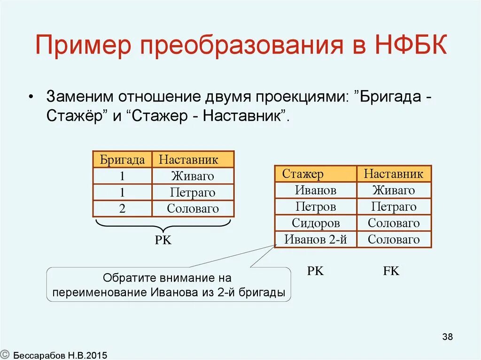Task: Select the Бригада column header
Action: (x=122, y=160)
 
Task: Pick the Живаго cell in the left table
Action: (x=193, y=176)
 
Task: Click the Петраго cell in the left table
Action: (x=193, y=192)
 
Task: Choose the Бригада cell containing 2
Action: (x=122, y=209)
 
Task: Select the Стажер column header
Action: (x=303, y=174)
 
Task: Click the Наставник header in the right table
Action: (x=394, y=174)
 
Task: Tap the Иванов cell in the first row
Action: (x=316, y=190)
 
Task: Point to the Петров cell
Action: (x=316, y=207)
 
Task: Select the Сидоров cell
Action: (x=316, y=223)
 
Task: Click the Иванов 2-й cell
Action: (x=316, y=239)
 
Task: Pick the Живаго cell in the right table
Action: (x=394, y=190)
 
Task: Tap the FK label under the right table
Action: (x=391, y=271)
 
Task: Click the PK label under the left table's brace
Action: (x=163, y=240)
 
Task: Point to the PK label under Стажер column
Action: (x=315, y=271)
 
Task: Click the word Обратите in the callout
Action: (x=127, y=278)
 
